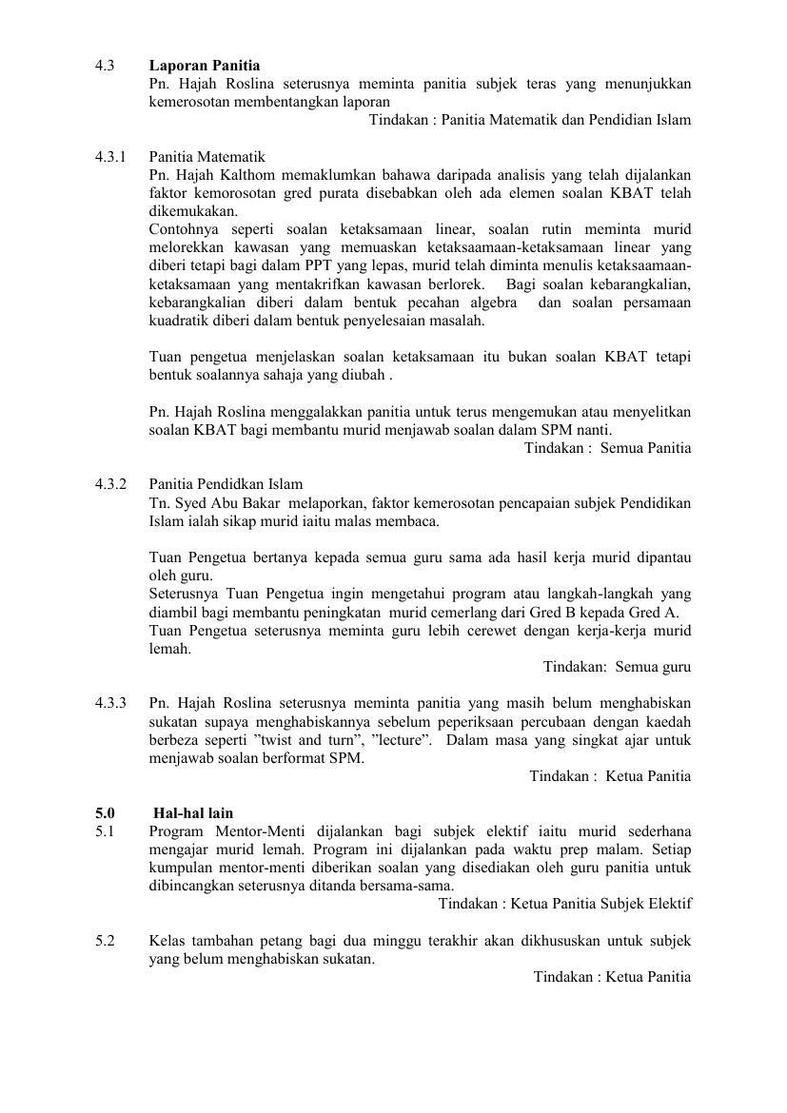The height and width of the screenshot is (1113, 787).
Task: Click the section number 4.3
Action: tap(105, 66)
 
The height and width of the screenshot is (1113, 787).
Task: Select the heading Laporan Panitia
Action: tap(205, 66)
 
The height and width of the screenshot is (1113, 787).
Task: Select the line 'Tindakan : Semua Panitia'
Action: tap(607, 448)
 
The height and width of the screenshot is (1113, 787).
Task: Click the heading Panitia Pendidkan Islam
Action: tap(226, 484)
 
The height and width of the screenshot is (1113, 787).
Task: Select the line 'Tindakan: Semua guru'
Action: tap(617, 667)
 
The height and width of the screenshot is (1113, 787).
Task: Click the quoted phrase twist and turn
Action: tap(361, 740)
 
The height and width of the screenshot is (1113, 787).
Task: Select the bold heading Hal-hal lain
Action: tap(193, 813)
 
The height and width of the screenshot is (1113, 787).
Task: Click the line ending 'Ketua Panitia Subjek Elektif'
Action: tap(564, 904)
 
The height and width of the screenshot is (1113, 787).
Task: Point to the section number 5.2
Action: tap(105, 941)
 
